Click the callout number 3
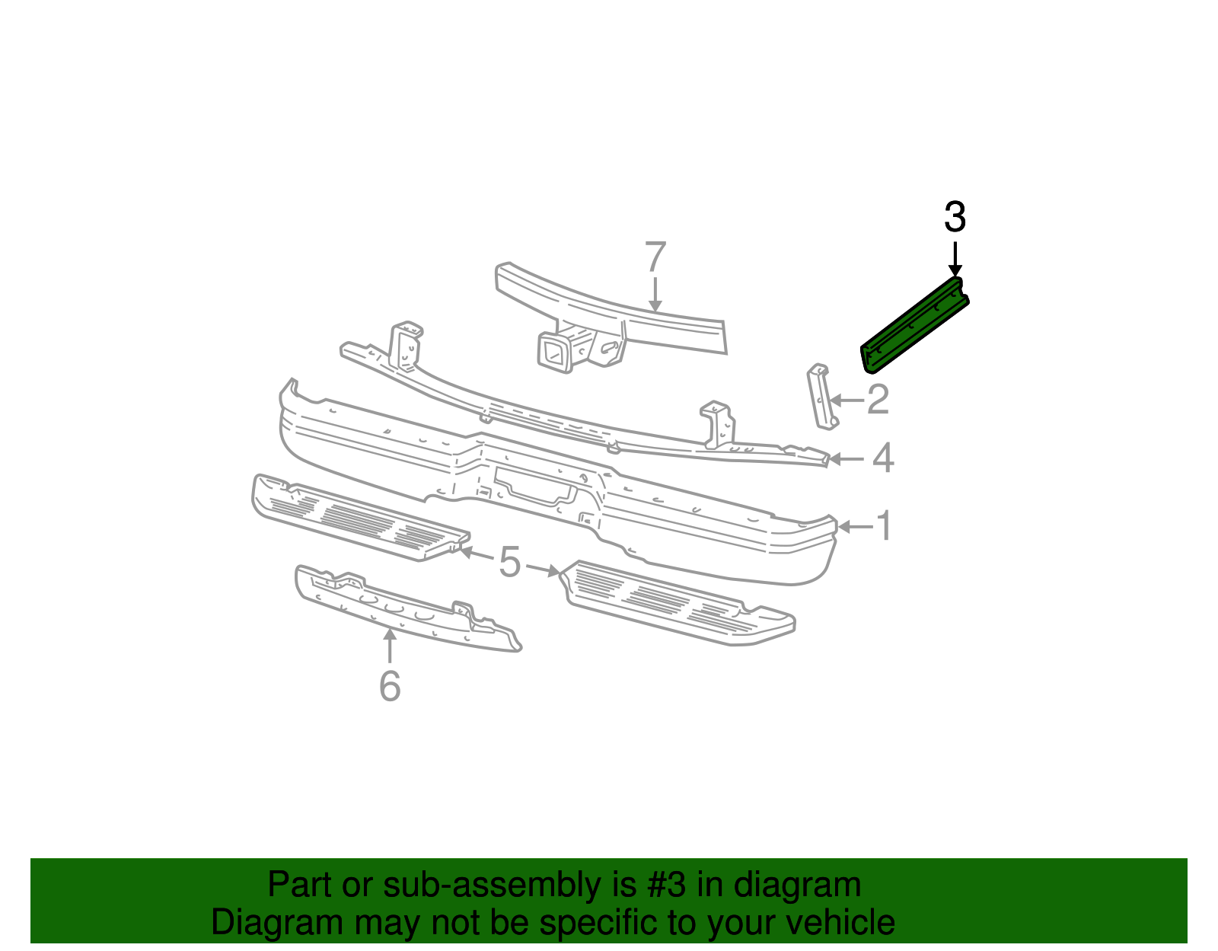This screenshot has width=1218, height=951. pyautogui.click(x=955, y=218)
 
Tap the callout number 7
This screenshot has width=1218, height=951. pyautogui.click(x=655, y=257)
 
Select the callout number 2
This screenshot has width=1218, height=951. pyautogui.click(x=878, y=400)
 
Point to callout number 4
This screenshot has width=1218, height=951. pyautogui.click(x=882, y=459)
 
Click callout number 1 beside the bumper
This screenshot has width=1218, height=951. pyautogui.click(x=884, y=526)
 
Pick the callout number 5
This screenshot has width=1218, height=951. pyautogui.click(x=509, y=563)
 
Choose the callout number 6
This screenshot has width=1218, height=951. pyautogui.click(x=390, y=686)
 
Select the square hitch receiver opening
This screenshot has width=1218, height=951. pyautogui.click(x=553, y=355)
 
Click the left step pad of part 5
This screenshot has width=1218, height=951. pyautogui.click(x=358, y=518)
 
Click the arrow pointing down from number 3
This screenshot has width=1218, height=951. pyautogui.click(x=955, y=259)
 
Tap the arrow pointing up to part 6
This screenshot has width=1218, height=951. pyautogui.click(x=390, y=646)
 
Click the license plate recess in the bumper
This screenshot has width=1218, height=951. pyautogui.click(x=533, y=487)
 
